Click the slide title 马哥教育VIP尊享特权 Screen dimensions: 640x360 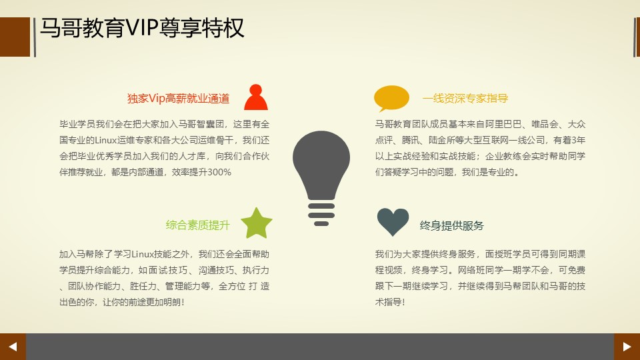coord(142,28)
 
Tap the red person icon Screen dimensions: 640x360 coord(256,97)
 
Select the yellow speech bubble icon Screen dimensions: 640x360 coord(391,99)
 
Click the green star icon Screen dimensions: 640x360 coord(256,223)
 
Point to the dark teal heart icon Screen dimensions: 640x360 coord(393,221)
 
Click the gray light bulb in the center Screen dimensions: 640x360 coord(321,178)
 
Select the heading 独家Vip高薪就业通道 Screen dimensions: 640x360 coord(179,99)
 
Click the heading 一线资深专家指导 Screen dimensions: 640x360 coord(465,99)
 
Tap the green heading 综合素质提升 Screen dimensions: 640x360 coord(197,225)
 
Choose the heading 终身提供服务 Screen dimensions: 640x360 coord(452,226)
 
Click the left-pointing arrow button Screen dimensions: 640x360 coord(13,347)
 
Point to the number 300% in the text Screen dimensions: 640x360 coord(219,172)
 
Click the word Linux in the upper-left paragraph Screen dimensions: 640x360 coord(106,141)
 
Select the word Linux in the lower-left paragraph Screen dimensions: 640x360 coord(143,254)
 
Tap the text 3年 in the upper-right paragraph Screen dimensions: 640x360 coord(579,140)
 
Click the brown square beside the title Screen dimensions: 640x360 coord(15,37)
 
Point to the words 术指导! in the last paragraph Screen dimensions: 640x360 coord(390,302)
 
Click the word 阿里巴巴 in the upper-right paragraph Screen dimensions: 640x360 coord(503,124)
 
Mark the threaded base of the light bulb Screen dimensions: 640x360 coord(321,214)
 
